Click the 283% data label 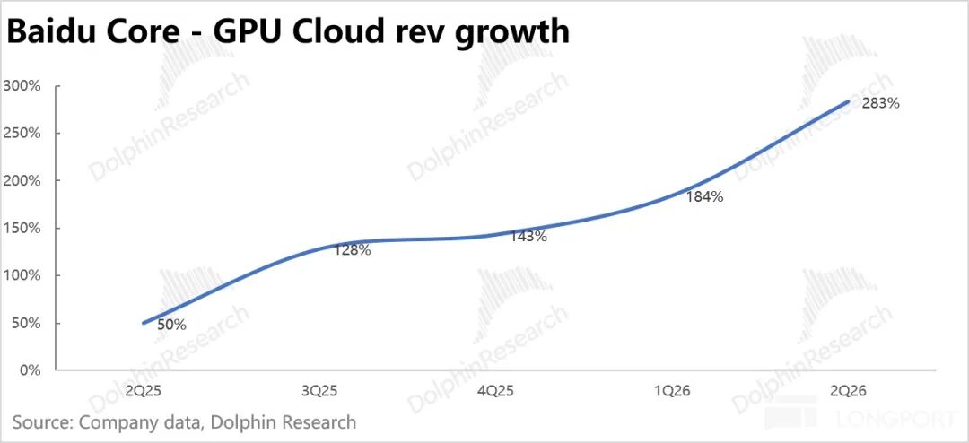pyautogui.click(x=881, y=104)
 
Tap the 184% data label pyautogui.click(x=704, y=197)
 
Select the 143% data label pyautogui.click(x=528, y=236)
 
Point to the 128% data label pyautogui.click(x=353, y=250)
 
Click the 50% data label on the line pyautogui.click(x=171, y=325)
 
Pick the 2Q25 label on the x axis pyautogui.click(x=143, y=392)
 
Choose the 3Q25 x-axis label pyautogui.click(x=319, y=392)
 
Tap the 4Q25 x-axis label pyautogui.click(x=495, y=392)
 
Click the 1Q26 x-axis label pyautogui.click(x=672, y=392)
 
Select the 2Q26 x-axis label pyautogui.click(x=849, y=392)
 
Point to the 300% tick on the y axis pyautogui.click(x=22, y=86)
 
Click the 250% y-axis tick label pyautogui.click(x=22, y=134)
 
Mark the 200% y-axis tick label pyautogui.click(x=22, y=181)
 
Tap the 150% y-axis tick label pyautogui.click(x=22, y=228)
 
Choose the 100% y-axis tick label pyautogui.click(x=22, y=275)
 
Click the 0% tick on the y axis pyautogui.click(x=30, y=370)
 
